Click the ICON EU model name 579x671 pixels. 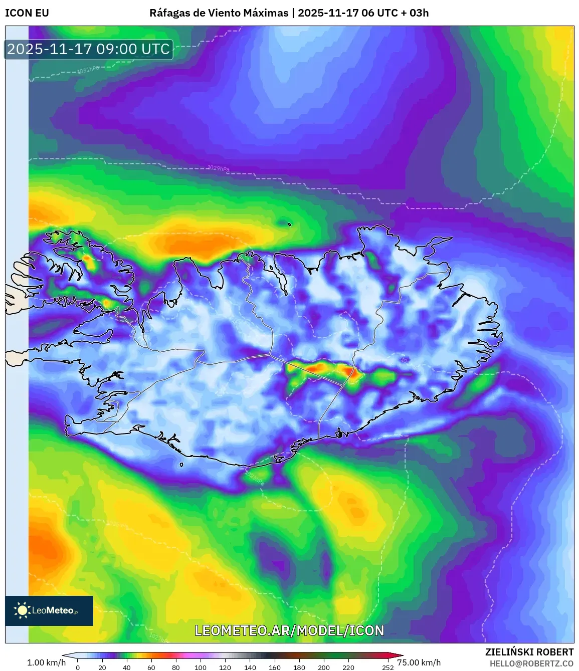[x=27, y=13]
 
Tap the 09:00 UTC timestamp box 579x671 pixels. [x=89, y=49]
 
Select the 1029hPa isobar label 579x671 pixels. [x=218, y=168]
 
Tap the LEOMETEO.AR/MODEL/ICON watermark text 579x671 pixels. [x=289, y=630]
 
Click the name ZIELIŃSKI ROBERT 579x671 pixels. [x=529, y=652]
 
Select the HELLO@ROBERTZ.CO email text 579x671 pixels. [x=532, y=663]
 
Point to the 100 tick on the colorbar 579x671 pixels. [x=201, y=667]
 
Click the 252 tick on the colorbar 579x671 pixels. [x=388, y=667]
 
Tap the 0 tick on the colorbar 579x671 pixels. [x=78, y=667]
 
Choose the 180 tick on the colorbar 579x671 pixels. [x=299, y=667]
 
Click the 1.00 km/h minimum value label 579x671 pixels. [x=46, y=662]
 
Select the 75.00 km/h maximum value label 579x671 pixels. [x=419, y=662]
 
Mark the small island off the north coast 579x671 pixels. [x=290, y=224]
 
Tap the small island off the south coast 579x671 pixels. [x=181, y=465]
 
